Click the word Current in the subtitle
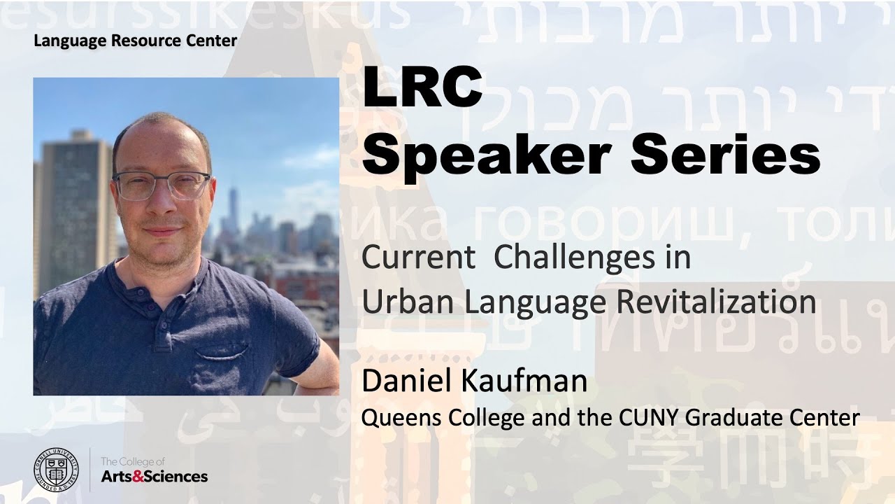tap(417, 258)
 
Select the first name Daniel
tap(404, 381)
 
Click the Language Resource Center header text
tap(135, 41)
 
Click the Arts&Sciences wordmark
tap(155, 477)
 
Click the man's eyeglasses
tap(162, 185)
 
